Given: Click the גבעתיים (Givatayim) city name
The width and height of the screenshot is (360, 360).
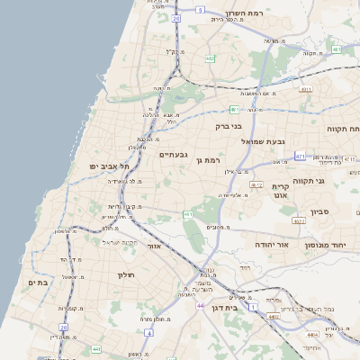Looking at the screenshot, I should pos(173,155).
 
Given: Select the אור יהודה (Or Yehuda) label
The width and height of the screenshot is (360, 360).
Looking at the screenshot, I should pos(270,244).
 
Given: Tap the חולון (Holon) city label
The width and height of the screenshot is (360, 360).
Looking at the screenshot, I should pos(125,274).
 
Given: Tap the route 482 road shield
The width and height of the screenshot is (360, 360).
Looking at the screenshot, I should pos(210,58).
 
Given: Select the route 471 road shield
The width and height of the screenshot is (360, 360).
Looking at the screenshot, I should pos(299,157).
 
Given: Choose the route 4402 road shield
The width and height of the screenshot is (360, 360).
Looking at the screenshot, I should pos(273,317).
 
